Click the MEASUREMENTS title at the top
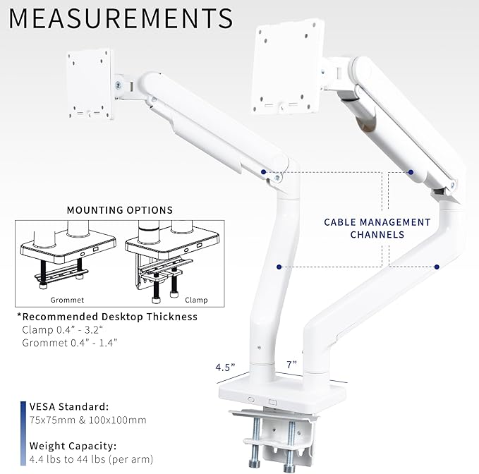(x=121, y=18)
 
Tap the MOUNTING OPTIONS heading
(x=119, y=210)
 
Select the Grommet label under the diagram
(x=53, y=300)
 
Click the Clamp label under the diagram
(x=196, y=300)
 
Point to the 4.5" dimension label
(x=226, y=367)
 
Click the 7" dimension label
(x=291, y=365)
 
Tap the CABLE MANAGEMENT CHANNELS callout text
(x=377, y=228)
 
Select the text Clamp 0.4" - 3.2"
(x=63, y=330)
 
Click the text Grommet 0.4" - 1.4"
(x=69, y=343)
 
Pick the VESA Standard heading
(x=69, y=407)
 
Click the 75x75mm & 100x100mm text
(x=87, y=420)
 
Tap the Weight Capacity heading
(x=73, y=446)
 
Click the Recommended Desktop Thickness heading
(x=107, y=317)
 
